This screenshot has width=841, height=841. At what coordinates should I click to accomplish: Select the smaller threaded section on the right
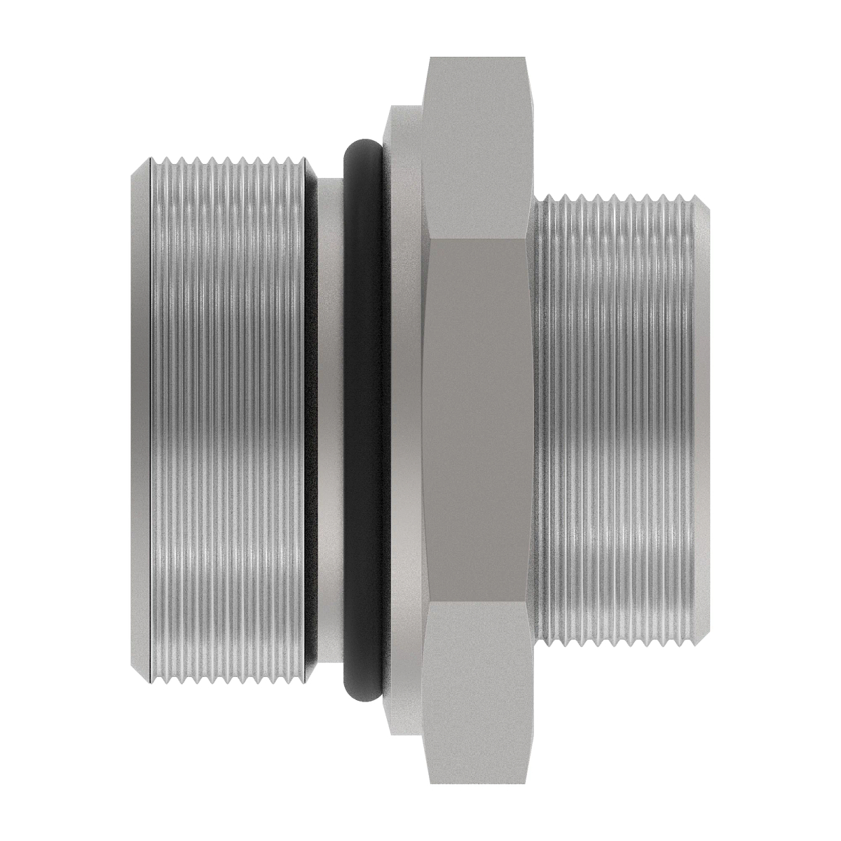click(x=617, y=420)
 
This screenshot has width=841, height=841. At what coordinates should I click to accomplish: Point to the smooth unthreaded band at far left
click(x=141, y=420)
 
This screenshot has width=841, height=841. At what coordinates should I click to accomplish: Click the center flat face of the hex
click(x=477, y=420)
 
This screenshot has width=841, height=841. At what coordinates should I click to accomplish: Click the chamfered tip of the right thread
click(x=705, y=420)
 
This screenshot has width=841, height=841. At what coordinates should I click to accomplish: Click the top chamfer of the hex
click(x=477, y=67)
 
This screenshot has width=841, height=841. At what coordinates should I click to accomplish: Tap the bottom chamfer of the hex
click(x=477, y=774)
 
